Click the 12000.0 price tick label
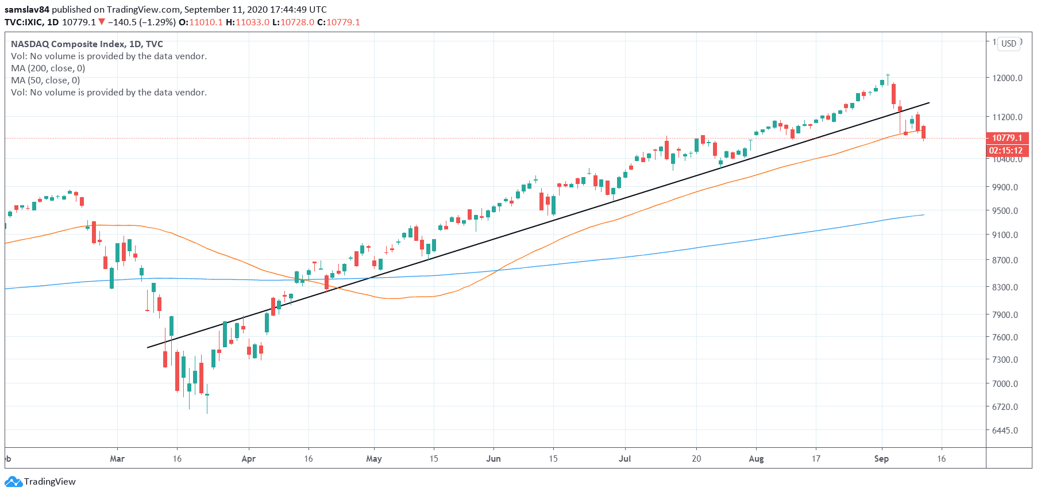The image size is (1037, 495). pos(1007,78)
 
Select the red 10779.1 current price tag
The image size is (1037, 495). pos(1007,138)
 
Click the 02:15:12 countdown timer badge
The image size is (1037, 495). pos(1006,151)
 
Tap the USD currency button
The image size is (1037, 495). pos(1009,44)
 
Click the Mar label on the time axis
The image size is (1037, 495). pos(117,459)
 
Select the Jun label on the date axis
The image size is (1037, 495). pos(494,459)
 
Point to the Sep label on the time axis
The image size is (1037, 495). pos(881,459)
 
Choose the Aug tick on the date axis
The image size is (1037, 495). pos(756,459)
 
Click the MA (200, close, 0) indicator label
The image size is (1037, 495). pos(48,68)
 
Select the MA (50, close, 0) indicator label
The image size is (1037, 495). pos(45,80)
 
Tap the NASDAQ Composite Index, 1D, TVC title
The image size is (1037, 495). pos(87,44)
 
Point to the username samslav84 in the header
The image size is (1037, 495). pos(27,10)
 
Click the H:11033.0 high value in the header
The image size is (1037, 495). pos(248,22)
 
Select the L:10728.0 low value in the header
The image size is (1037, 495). pos(293,22)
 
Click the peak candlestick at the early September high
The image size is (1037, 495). pos(888,76)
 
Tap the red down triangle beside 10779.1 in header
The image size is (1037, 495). pos(102,22)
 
